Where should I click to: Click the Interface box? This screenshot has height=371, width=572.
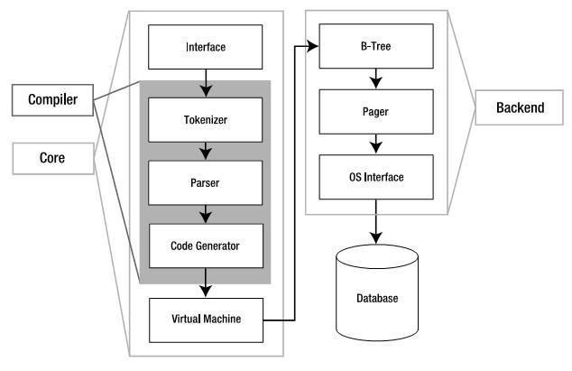[x=206, y=46]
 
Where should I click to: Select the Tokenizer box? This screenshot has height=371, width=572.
[x=206, y=118]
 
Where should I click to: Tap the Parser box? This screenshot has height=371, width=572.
[x=206, y=181]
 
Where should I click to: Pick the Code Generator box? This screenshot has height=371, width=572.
[x=206, y=244]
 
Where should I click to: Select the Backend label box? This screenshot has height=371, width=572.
[x=520, y=108]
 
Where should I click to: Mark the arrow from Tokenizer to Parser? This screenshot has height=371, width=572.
[x=206, y=150]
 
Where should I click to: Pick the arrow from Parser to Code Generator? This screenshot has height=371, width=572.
[x=206, y=213]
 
